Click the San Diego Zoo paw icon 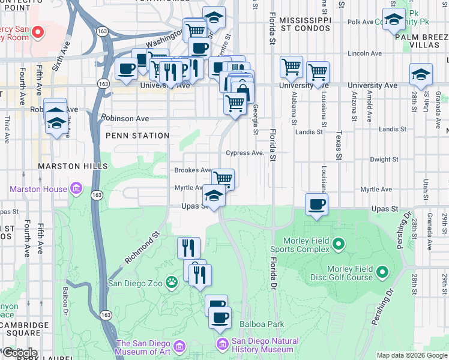point(172,280)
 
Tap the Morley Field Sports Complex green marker point(339,244)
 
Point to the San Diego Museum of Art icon point(179,346)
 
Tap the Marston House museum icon point(75,189)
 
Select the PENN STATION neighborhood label point(137,136)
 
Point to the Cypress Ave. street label point(245,153)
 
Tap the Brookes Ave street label point(193,170)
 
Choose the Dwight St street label point(384,160)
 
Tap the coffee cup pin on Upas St point(317,205)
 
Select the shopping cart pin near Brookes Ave point(223,178)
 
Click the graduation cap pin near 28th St point(421,74)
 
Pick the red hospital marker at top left point(38,32)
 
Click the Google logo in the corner point(19,353)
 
